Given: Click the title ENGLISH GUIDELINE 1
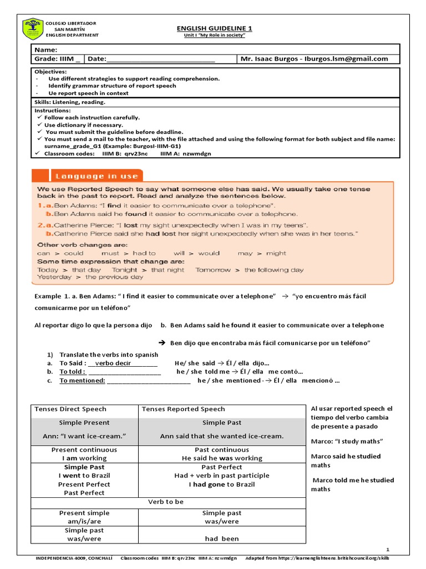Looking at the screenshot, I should pos(214,28).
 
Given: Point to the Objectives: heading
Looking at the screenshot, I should pos(50,72).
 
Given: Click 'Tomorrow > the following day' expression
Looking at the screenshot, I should pos(249,269).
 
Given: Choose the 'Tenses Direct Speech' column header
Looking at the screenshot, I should pos(70,409).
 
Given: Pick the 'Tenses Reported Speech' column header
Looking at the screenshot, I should pos(184,409).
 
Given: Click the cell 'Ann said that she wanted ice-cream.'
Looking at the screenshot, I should pos(221,436).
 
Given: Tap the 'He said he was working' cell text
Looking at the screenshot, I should pos(221,458).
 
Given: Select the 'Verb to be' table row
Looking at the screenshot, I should pos(165,502).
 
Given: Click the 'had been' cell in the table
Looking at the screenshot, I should pos(221,538).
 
